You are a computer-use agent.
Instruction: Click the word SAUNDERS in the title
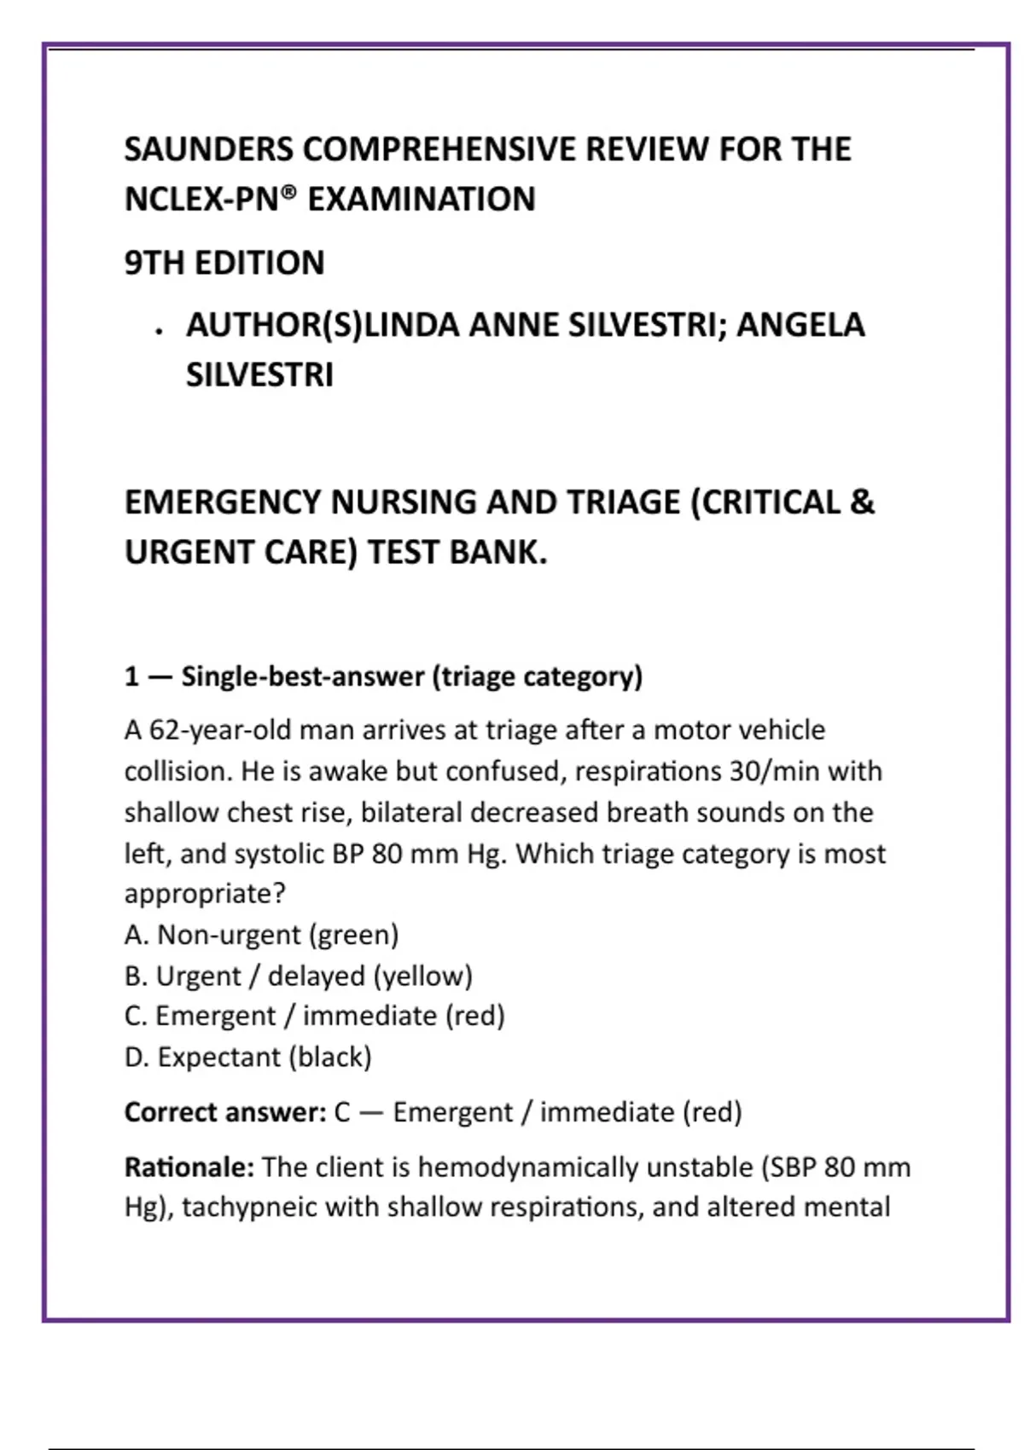209,149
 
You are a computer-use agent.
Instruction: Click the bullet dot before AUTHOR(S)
159,332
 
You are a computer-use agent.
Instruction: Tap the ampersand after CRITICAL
862,502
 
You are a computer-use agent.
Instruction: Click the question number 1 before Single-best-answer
131,676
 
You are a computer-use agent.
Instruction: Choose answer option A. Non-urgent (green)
261,935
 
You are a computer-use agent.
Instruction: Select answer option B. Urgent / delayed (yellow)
298,976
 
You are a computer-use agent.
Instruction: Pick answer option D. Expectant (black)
247,1057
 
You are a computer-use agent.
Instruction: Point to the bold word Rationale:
189,1167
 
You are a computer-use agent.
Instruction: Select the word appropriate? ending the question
205,894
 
